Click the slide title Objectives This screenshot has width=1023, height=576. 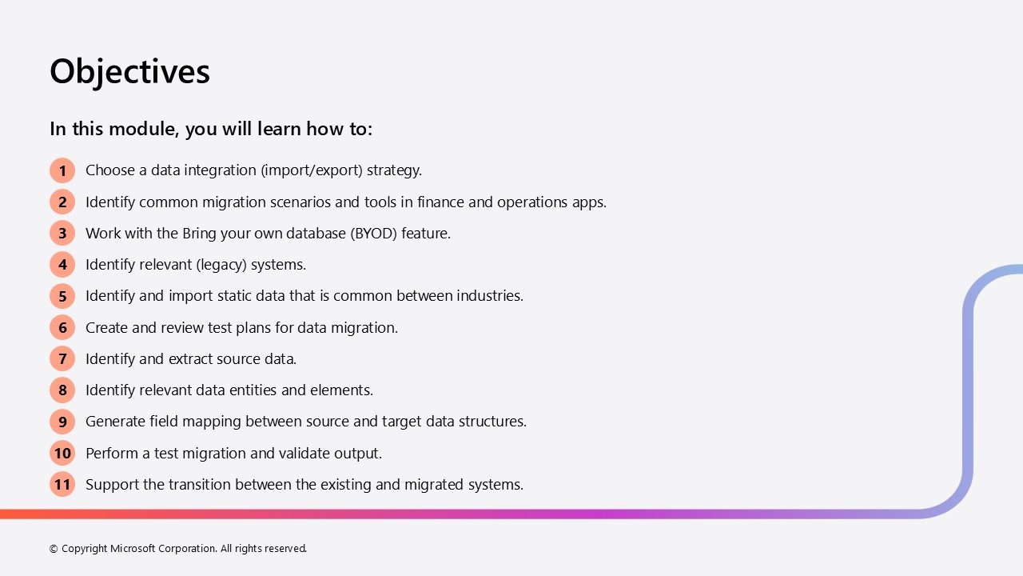(129, 72)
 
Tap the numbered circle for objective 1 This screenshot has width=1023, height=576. (62, 170)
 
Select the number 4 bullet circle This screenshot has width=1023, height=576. (62, 265)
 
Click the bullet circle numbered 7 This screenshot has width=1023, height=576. (62, 359)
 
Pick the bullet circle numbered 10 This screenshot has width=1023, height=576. (62, 453)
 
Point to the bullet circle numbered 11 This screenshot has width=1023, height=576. (62, 484)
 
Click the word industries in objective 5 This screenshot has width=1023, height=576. (490, 296)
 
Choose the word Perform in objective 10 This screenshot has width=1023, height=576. (111, 454)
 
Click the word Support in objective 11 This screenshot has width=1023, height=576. (112, 485)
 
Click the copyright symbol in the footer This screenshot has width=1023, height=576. (54, 549)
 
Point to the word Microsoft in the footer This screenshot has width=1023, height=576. (133, 548)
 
